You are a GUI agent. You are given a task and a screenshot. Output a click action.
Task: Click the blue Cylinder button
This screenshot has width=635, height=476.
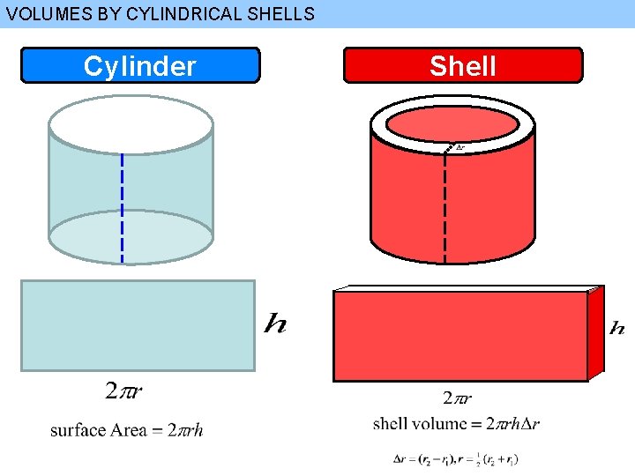tap(140, 65)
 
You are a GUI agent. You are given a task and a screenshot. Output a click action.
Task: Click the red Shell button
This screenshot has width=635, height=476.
tap(463, 65)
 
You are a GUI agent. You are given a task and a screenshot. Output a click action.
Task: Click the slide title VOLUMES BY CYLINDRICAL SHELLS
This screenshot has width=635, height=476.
tap(160, 13)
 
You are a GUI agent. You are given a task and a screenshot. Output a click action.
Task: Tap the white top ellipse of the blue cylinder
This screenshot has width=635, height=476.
tap(131, 123)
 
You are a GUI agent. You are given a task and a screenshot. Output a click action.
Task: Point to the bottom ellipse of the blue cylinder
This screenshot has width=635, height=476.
tap(131, 237)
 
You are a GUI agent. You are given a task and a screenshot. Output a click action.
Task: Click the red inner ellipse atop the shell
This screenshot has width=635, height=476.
tap(452, 123)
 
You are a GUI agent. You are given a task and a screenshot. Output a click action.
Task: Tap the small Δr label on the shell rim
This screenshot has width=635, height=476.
tap(459, 147)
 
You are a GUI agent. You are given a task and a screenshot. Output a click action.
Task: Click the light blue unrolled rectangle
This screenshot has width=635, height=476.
tap(138, 325)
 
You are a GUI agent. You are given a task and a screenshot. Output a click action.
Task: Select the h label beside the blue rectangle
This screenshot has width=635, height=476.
tap(275, 324)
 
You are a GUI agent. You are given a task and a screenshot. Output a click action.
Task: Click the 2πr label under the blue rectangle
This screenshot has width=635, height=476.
tap(125, 390)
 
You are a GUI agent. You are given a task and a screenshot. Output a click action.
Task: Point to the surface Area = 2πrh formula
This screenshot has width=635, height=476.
tap(126, 430)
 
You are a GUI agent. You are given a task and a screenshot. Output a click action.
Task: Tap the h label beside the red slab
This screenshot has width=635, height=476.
tap(617, 328)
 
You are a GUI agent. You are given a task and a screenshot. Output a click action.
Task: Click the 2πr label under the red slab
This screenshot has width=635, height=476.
tap(457, 398)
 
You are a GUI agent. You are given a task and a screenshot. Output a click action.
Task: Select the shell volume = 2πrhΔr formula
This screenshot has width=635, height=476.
tap(456, 423)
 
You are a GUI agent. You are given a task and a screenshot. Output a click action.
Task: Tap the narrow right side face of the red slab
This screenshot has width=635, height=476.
tap(597, 331)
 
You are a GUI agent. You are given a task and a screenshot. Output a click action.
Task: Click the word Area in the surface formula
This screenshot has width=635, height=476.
tap(129, 430)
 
